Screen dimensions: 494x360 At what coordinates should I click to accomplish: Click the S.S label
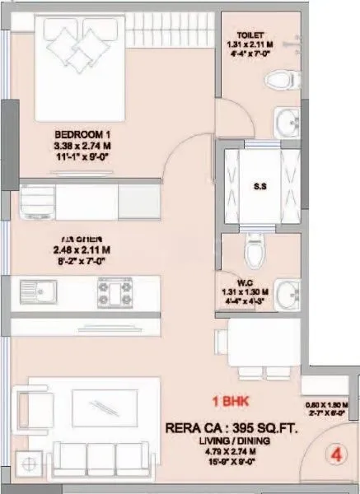tap(259, 184)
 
